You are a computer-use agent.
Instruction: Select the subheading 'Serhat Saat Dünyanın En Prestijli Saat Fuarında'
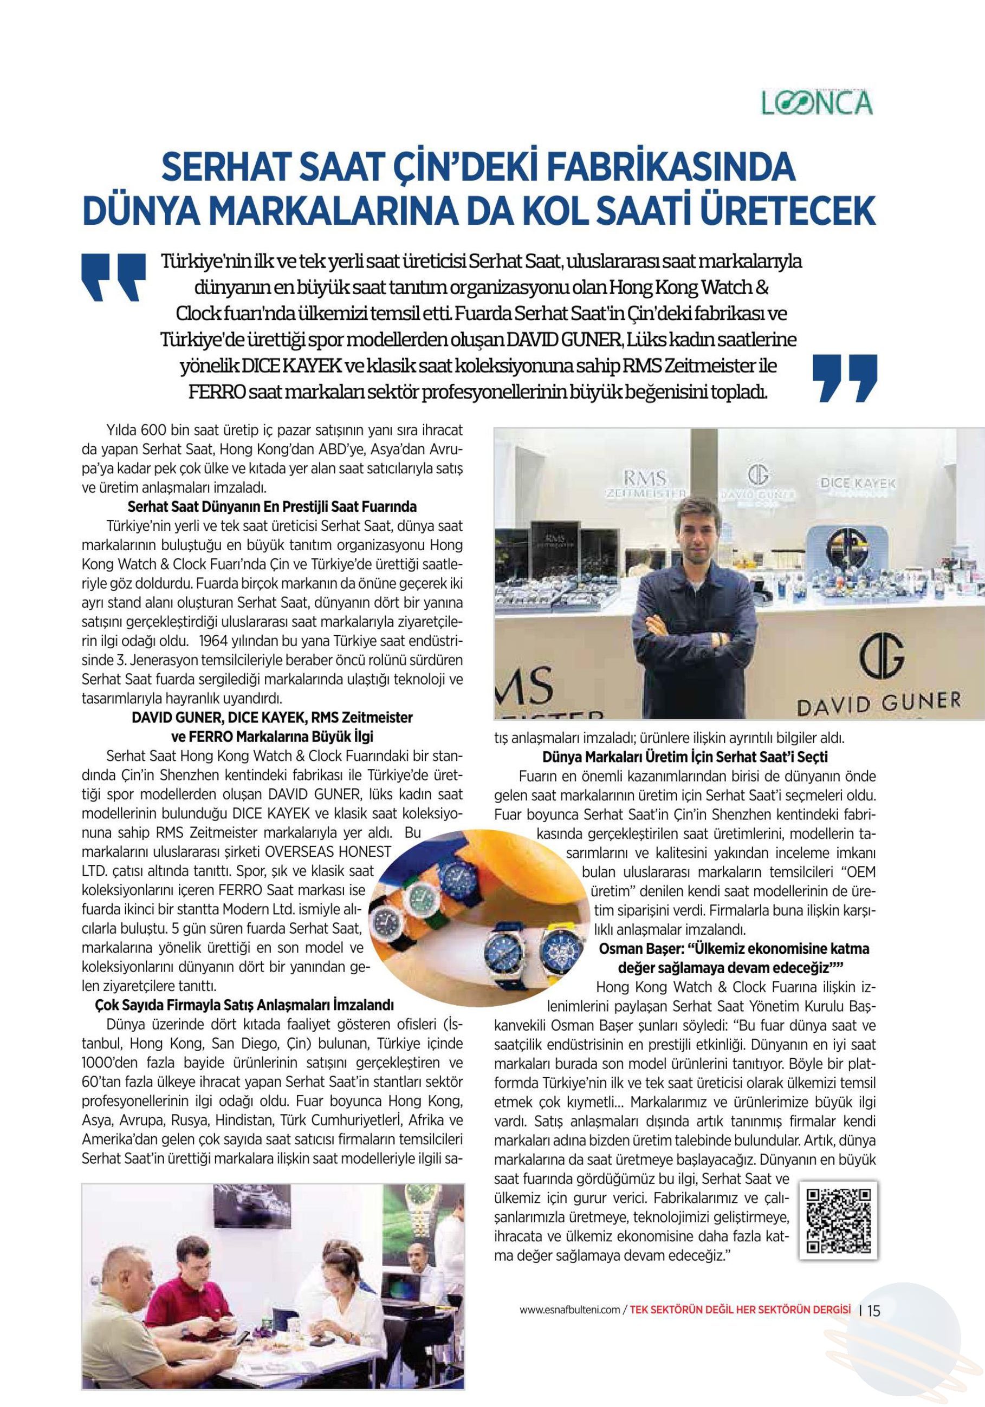tap(271, 507)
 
